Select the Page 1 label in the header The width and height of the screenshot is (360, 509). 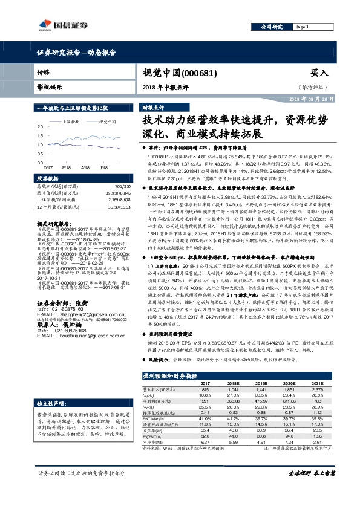[303, 27]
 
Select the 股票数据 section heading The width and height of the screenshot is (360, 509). [48, 179]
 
